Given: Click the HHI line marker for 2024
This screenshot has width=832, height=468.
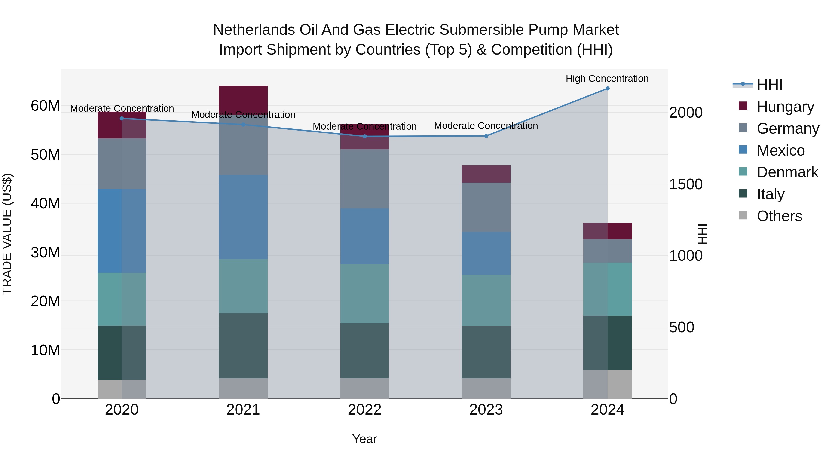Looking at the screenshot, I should click(x=607, y=89).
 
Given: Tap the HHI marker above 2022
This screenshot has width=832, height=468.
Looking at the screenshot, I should click(x=365, y=136).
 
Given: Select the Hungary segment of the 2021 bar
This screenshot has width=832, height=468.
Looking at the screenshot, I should click(x=243, y=100).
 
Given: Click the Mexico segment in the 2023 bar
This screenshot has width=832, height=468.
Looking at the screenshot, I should click(x=486, y=253).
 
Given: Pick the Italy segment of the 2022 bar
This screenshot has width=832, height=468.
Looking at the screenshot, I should click(x=365, y=350).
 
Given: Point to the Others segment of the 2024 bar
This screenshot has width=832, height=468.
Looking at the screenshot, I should click(x=607, y=384).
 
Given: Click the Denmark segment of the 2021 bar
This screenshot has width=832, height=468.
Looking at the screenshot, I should click(x=243, y=286).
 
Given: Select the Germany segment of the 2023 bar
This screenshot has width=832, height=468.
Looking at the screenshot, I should click(x=486, y=207).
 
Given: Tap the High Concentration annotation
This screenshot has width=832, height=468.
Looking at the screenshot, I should click(x=607, y=79).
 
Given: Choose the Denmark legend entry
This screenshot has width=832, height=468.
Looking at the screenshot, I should click(x=787, y=172).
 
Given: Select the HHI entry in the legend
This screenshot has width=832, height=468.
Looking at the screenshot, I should click(x=769, y=85).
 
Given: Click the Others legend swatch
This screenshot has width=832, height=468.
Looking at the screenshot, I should click(x=743, y=215).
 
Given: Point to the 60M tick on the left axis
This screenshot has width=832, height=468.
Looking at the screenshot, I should click(x=45, y=106).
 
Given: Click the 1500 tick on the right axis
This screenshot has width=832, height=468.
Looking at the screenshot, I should click(x=686, y=184).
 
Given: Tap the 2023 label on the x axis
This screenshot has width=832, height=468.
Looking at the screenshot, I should click(x=486, y=410).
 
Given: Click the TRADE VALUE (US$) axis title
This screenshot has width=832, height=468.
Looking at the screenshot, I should click(x=7, y=234).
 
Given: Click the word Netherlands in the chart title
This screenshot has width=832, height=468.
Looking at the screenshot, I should click(x=254, y=30).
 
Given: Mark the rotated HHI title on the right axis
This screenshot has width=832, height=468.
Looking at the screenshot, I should click(x=702, y=234).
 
